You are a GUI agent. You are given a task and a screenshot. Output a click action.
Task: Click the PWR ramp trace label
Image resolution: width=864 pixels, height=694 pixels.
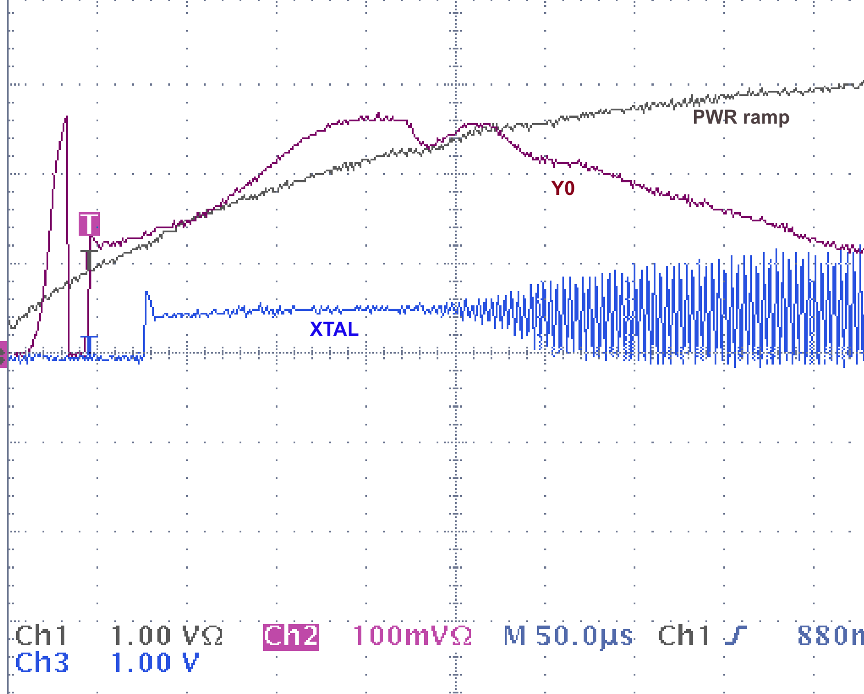[x=740, y=117]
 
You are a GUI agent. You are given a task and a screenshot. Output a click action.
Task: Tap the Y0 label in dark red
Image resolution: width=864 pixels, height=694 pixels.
[x=562, y=189]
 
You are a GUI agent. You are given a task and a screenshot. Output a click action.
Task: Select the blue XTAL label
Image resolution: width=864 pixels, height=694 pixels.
[x=334, y=329]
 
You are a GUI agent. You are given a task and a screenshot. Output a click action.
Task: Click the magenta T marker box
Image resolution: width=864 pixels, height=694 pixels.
[x=89, y=223]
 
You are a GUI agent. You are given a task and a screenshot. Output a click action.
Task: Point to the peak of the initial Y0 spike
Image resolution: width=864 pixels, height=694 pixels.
[x=66, y=118]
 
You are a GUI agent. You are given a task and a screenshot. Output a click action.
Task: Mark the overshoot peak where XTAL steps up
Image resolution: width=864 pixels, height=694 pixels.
[x=146, y=293]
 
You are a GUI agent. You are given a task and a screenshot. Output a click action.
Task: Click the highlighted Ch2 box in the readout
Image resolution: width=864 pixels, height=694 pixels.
[x=291, y=636]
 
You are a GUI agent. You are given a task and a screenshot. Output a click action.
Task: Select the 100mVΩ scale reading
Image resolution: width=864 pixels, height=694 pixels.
[x=412, y=636]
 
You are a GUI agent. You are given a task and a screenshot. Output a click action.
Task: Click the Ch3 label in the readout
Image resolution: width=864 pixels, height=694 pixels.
[x=41, y=663]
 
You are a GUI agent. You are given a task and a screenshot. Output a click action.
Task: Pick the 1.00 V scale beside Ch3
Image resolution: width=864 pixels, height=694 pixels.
[x=155, y=663]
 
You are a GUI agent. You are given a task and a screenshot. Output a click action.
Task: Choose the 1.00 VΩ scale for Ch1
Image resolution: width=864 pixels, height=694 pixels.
[x=167, y=636]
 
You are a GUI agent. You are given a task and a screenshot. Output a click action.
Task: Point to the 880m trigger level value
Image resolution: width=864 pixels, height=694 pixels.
[x=830, y=636]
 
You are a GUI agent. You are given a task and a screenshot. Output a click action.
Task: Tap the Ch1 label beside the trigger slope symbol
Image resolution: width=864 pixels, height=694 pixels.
[x=684, y=636]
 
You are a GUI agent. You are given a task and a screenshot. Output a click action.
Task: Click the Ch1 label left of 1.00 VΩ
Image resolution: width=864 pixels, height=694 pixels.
[x=41, y=636]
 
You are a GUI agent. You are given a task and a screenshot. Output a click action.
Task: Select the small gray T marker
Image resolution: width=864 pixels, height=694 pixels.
[x=88, y=259]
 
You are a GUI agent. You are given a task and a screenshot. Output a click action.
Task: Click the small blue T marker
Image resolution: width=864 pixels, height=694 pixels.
[x=88, y=344]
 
